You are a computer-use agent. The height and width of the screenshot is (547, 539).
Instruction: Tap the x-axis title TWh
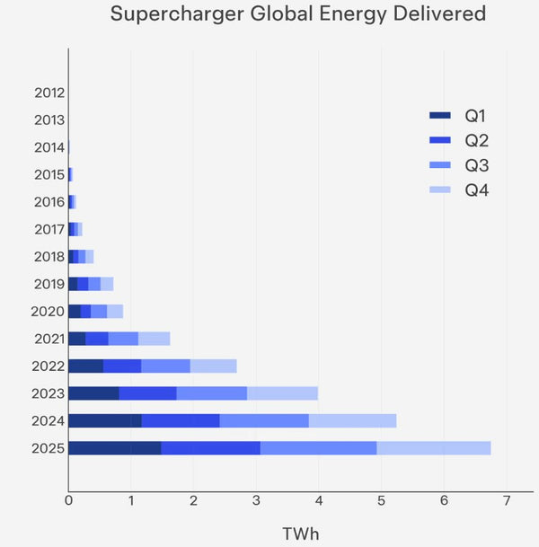tap(300, 534)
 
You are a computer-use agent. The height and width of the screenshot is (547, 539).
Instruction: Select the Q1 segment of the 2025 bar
tap(114, 447)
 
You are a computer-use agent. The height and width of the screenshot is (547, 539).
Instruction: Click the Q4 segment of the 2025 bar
tap(433, 447)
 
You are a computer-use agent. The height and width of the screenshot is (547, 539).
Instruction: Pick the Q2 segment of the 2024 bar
tap(181, 420)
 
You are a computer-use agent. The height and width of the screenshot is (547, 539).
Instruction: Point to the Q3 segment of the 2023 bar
tap(211, 393)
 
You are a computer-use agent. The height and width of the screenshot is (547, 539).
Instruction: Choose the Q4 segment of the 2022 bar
tap(213, 366)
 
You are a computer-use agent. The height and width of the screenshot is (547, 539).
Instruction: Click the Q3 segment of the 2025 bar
tap(318, 447)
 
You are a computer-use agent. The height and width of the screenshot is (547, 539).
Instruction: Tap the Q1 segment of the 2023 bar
tap(93, 393)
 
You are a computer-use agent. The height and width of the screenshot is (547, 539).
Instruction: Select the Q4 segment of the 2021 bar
tap(154, 339)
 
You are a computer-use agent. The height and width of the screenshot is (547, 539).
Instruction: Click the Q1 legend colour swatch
tap(440, 116)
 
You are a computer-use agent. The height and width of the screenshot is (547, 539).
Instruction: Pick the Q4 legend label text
tap(477, 190)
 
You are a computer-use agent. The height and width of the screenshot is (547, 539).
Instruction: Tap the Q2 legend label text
tap(477, 141)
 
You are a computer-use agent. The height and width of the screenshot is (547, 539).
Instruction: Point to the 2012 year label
tap(49, 93)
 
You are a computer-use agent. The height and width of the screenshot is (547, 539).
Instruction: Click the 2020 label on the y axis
tap(49, 312)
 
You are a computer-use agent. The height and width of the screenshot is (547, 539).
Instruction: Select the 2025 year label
tap(49, 447)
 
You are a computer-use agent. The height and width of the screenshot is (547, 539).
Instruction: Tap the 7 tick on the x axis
tap(506, 499)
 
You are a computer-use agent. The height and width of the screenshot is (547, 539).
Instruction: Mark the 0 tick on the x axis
tap(68, 499)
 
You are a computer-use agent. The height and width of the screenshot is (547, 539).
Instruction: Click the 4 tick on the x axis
tap(318, 499)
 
